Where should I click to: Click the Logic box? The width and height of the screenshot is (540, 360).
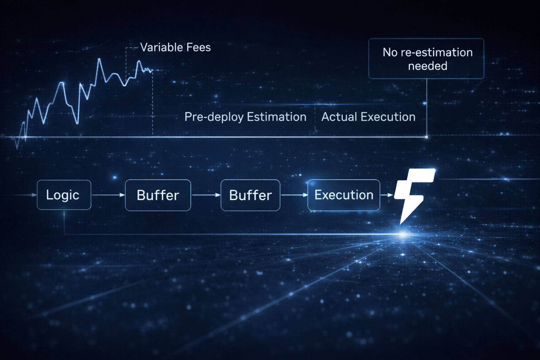coord(64,195)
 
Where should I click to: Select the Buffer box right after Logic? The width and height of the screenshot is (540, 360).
coord(158,195)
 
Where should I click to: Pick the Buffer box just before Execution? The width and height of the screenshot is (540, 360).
coord(250,195)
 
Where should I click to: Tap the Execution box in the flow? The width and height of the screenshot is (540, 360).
coord(343,195)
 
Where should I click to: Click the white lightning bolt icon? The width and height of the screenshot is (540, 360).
coord(413,195)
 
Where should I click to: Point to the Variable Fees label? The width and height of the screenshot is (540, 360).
coord(175,47)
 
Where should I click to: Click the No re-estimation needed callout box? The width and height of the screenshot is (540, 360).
coord(426,59)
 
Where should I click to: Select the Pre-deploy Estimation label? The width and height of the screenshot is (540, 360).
coord(245,117)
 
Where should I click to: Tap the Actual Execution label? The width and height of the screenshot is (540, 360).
coord(368,117)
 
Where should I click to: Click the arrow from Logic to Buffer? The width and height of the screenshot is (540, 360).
coord(108,195)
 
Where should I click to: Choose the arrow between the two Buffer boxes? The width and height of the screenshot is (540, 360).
coord(206,195)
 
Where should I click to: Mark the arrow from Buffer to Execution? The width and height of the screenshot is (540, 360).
coord(294,195)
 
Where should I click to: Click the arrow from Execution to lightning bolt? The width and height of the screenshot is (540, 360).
coord(387,195)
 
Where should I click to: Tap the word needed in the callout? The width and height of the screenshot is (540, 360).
coord(427,66)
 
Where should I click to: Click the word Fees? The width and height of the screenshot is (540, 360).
coord(199,47)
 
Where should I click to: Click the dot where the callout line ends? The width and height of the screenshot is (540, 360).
coord(426,137)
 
